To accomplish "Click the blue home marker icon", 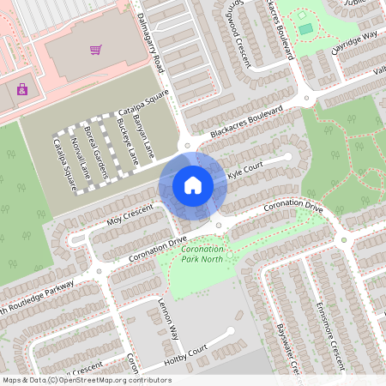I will pos(193,184).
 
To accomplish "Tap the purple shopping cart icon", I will pos(96,49).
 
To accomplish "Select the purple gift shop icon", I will pos(21,88).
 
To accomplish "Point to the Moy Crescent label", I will pos(116,215).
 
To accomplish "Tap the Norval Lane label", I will pos(80,158).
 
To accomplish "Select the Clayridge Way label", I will pos(354,43).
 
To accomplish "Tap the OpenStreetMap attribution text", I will pos(86,379).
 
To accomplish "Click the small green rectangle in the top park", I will pos(306,30).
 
